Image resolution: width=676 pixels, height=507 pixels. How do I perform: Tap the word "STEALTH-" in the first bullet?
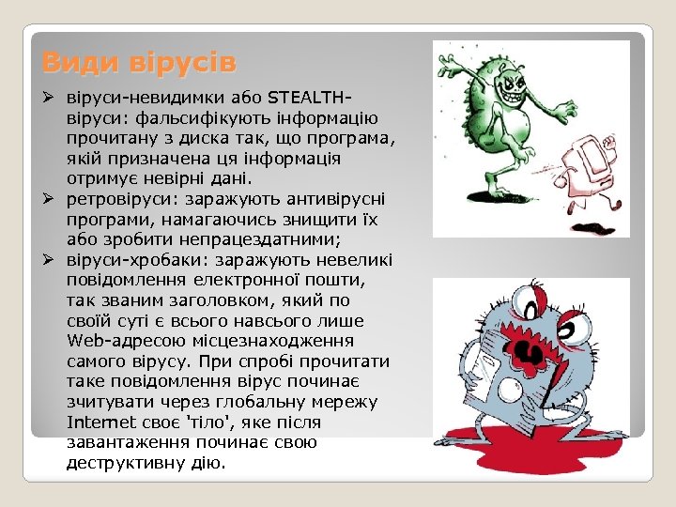point(313,98)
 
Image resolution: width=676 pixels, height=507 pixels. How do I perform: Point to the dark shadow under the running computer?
point(601,227)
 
